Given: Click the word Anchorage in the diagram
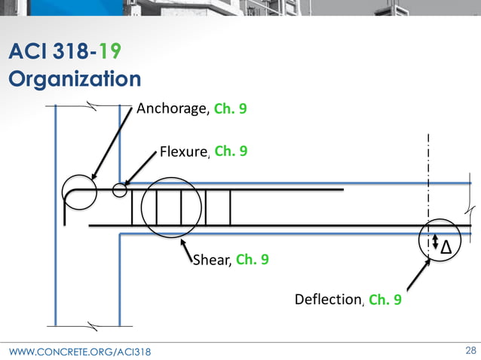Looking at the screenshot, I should (172, 108).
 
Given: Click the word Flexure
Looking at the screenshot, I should (183, 152).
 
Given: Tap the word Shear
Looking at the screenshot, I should (212, 261).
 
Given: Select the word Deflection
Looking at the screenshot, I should (328, 300).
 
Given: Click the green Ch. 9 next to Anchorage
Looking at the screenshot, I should (230, 108).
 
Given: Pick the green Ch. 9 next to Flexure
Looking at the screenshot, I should (231, 151).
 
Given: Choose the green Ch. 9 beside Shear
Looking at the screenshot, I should (252, 261).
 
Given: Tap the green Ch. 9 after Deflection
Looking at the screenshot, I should (384, 300).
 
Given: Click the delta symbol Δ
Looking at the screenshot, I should (446, 246).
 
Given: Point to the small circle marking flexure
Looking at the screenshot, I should (119, 189).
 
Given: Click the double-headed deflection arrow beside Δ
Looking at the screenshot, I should (434, 241).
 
